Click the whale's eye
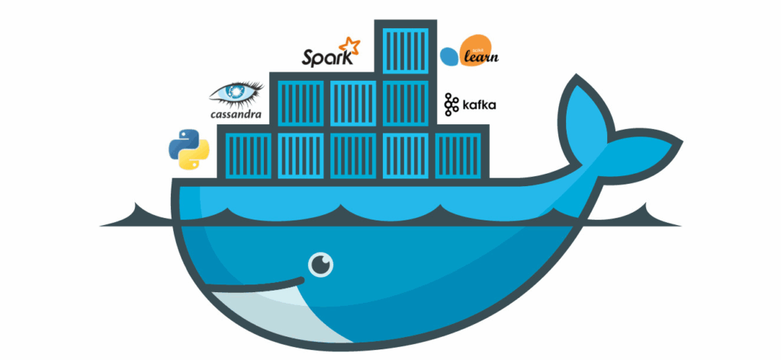(322, 265)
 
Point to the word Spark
(327, 57)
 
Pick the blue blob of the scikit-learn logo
(450, 56)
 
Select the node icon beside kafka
(451, 104)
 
